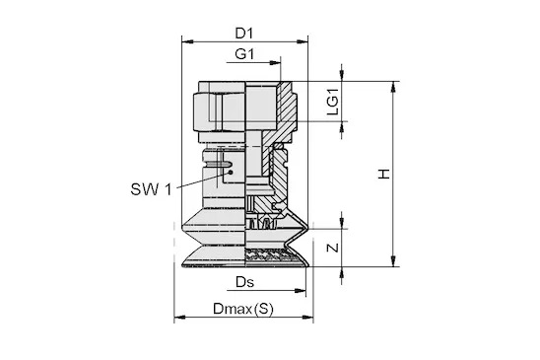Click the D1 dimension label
click(x=244, y=34)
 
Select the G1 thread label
click(x=244, y=54)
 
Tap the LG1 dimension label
click(x=333, y=102)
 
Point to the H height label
click(x=383, y=174)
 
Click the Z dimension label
click(x=333, y=248)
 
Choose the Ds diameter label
click(x=244, y=282)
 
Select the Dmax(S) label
click(x=243, y=309)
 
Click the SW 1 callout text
click(x=151, y=189)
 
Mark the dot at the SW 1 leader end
click(x=231, y=172)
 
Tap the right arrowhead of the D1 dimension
click(x=303, y=41)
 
